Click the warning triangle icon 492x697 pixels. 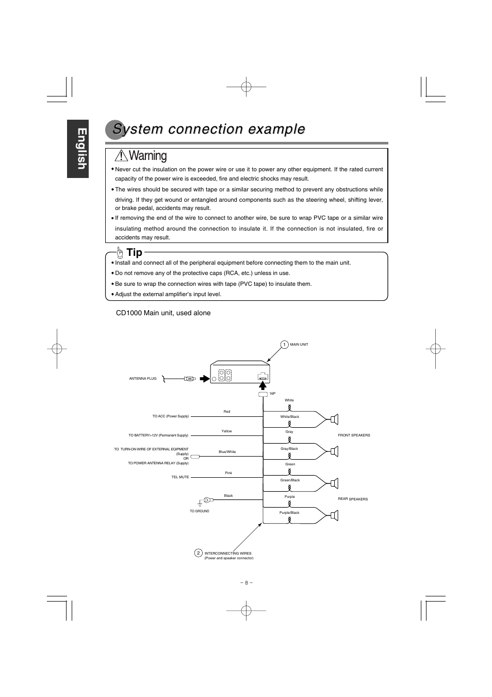click(121, 155)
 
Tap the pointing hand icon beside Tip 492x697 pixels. click(120, 252)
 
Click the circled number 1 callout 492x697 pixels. click(284, 345)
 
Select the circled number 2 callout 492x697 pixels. click(198, 553)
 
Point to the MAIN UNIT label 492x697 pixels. click(299, 345)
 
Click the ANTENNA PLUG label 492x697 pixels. click(143, 379)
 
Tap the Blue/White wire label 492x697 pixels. click(227, 452)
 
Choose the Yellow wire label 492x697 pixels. click(226, 431)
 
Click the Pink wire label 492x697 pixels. click(228, 473)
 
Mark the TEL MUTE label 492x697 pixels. click(180, 477)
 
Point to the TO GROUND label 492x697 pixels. click(200, 511)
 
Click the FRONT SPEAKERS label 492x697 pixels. click(354, 435)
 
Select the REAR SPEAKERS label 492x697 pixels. click(353, 499)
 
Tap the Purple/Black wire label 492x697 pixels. click(289, 513)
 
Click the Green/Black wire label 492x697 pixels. click(290, 480)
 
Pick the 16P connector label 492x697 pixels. click(272, 394)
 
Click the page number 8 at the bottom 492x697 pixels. click(246, 583)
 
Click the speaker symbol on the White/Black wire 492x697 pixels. click(334, 419)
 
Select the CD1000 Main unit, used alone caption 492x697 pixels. click(163, 313)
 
